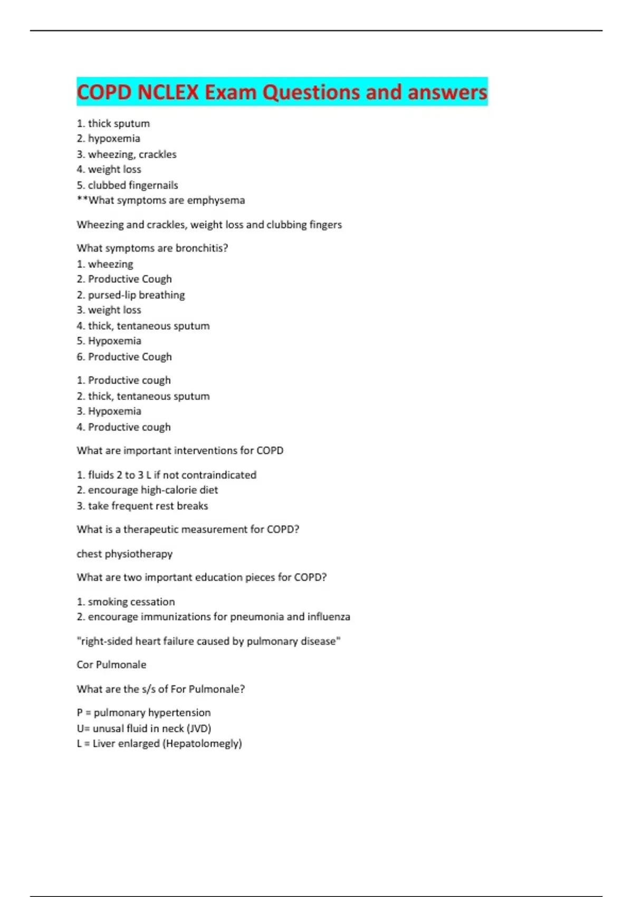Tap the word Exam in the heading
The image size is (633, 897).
(231, 92)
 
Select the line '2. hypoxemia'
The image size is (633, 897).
(108, 139)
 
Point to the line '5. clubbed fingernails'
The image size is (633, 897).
(127, 185)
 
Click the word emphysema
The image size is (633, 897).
(219, 201)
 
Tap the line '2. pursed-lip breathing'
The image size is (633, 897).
(131, 295)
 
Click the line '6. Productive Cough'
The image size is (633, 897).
(124, 357)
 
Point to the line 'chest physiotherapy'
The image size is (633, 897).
(124, 554)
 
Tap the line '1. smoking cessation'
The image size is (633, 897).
(126, 602)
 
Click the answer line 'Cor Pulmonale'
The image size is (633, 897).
(111, 665)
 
